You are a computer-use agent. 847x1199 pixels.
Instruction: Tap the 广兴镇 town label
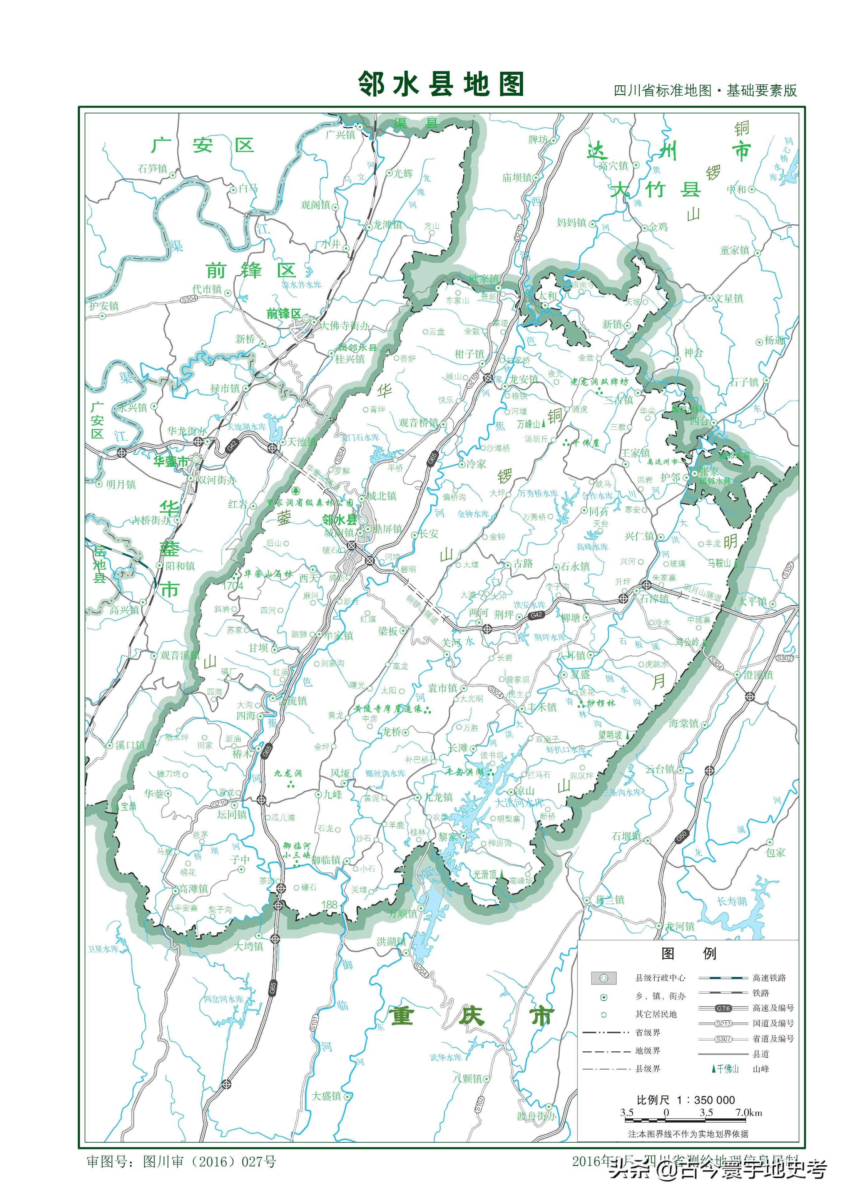coord(340,135)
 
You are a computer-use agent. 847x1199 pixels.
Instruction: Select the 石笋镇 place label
coord(152,168)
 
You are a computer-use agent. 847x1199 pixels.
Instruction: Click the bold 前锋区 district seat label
coord(283,314)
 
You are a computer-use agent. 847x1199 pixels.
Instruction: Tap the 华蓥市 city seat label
coord(171,462)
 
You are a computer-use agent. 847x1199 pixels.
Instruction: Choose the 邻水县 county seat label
coord(339,519)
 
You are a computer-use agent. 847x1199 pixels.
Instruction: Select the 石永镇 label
coord(575,566)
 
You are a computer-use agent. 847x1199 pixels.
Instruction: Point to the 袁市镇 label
coord(442,688)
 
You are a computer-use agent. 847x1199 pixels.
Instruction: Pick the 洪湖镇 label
coord(391,941)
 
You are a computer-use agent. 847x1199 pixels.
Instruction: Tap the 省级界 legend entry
coord(647,1032)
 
